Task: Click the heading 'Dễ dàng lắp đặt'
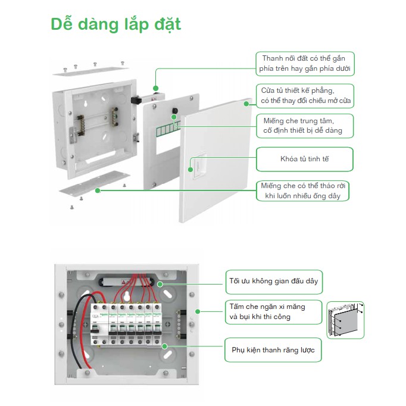(115, 25)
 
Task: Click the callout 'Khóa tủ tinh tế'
(304, 160)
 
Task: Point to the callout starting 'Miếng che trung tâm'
(306, 126)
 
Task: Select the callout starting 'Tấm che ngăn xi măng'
(273, 311)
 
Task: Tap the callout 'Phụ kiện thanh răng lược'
(273, 351)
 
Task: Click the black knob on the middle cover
(176, 111)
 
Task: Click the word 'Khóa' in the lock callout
(289, 160)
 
